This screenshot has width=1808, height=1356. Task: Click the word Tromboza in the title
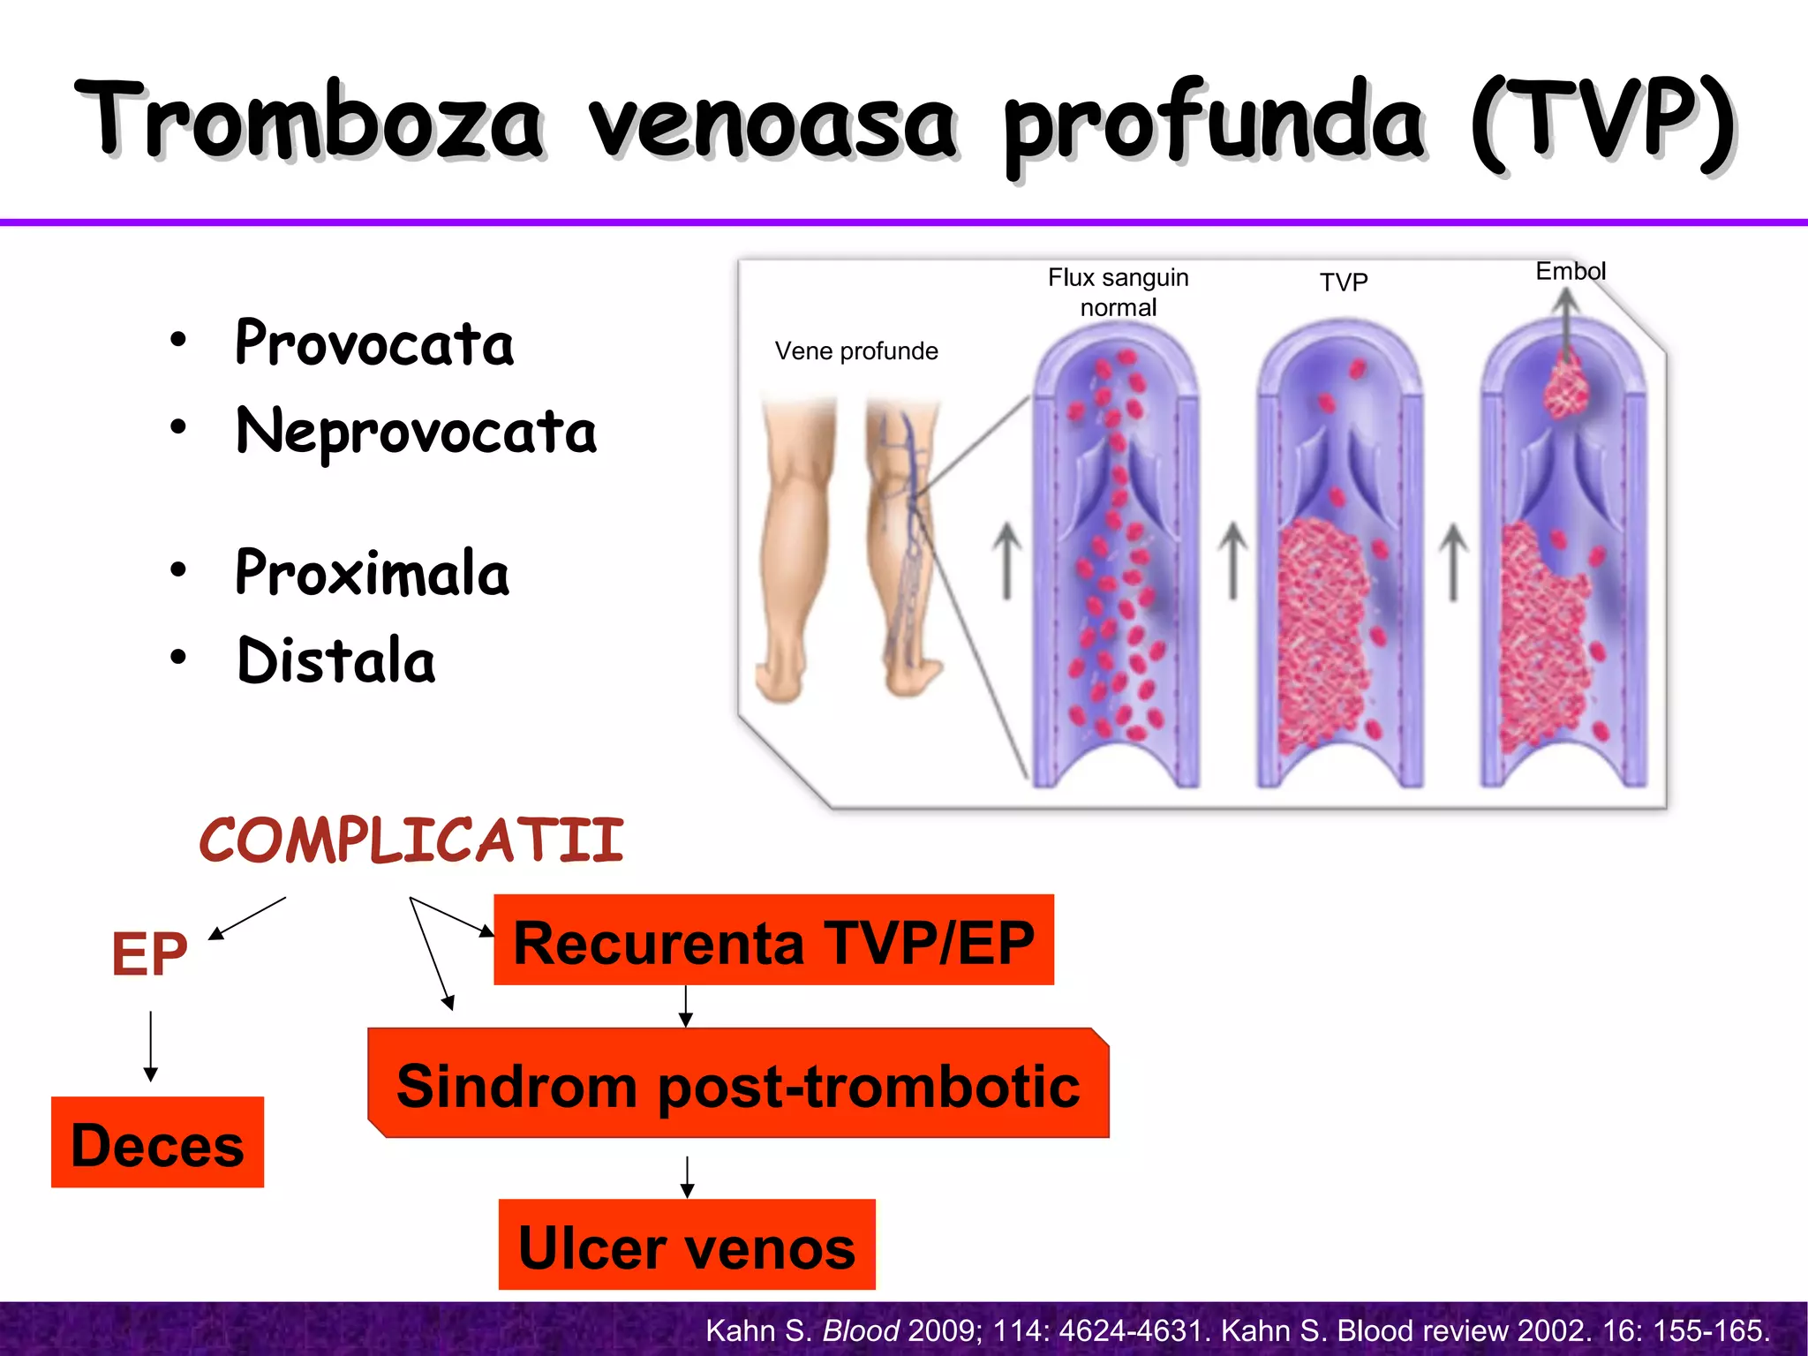(x=309, y=122)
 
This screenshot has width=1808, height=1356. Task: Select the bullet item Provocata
(x=374, y=343)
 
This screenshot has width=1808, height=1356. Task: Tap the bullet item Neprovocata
(x=416, y=432)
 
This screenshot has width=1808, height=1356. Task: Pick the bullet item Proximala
(x=372, y=573)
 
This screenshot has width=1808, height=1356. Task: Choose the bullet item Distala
(x=336, y=660)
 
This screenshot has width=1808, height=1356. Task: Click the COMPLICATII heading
(x=411, y=840)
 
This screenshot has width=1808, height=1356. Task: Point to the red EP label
(x=149, y=954)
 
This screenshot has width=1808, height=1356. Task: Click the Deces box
(x=157, y=1143)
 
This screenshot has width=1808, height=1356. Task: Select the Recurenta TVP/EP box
(x=773, y=941)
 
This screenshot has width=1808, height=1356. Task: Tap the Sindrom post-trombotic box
(x=738, y=1085)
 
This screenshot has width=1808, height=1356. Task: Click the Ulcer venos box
(x=687, y=1246)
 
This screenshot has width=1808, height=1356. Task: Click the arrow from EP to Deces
(x=151, y=1047)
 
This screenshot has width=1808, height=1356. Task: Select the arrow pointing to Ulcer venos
(x=687, y=1177)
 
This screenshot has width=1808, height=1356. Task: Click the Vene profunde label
(x=855, y=351)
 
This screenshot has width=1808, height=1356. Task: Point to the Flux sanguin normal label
(x=1118, y=292)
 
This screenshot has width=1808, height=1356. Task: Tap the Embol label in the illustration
(x=1570, y=271)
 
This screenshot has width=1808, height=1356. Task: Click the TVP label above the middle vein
(x=1343, y=282)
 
